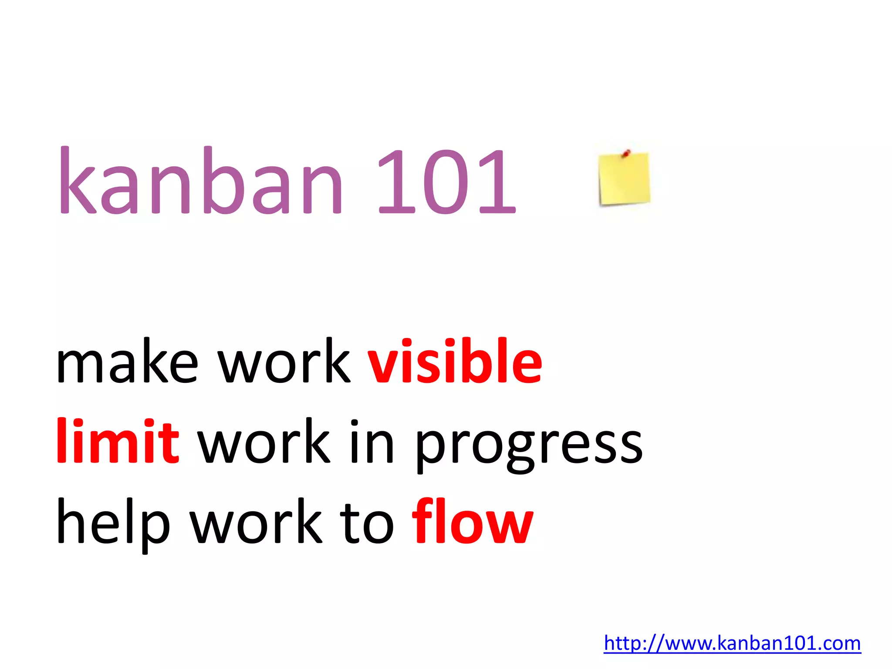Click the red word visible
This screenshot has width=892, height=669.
pyautogui.click(x=455, y=362)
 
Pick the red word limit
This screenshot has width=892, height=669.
pyautogui.click(x=118, y=441)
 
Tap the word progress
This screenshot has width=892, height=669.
pyautogui.click(x=529, y=446)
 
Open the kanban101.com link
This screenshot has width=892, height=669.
pyautogui.click(x=732, y=643)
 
